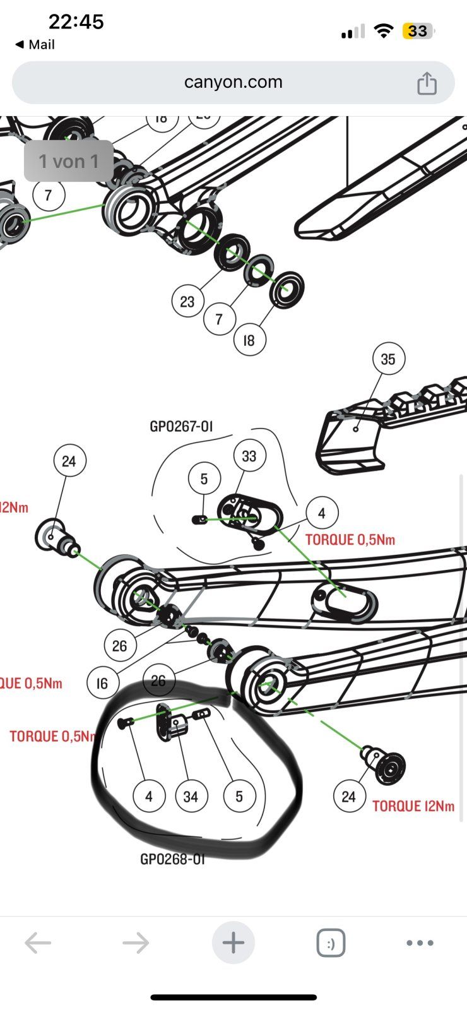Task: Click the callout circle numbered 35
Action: coord(387,359)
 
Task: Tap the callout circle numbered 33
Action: coord(249,456)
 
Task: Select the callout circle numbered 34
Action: coord(191,797)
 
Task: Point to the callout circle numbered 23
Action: coord(187,301)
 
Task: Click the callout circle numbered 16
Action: coord(102,682)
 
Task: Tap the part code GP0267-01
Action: coord(181,427)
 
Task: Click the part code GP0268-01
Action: coord(172,859)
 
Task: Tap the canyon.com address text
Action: coord(233,82)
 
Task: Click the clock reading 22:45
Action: coord(76,22)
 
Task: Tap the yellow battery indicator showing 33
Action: coord(417,31)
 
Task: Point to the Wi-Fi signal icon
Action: coord(383,31)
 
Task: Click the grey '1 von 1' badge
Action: coord(69,162)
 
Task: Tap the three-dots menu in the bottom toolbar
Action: coord(420,943)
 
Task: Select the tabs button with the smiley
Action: coord(331,943)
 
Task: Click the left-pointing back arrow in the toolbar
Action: coord(38,943)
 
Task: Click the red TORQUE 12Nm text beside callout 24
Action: coord(413,806)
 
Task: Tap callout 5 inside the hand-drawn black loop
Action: coord(239,797)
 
